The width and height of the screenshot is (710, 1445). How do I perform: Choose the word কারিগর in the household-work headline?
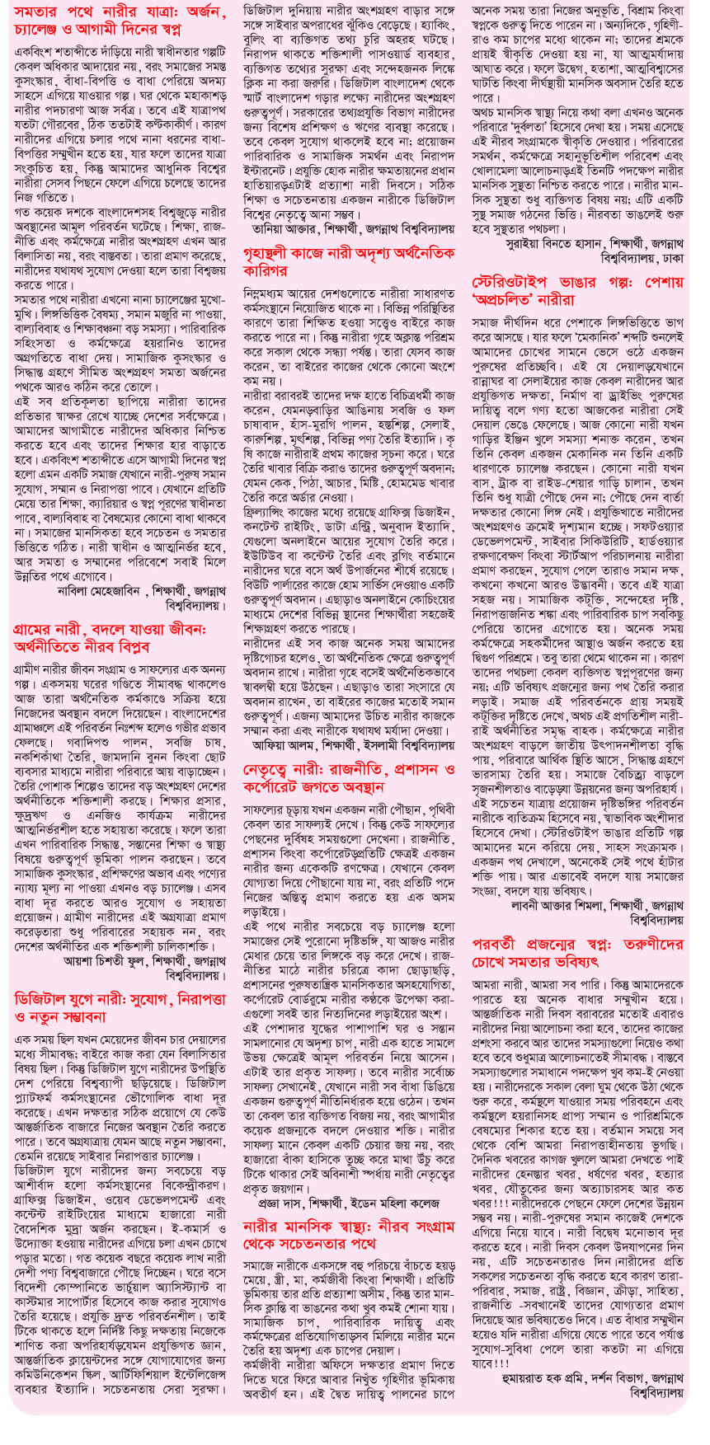tap(266, 270)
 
